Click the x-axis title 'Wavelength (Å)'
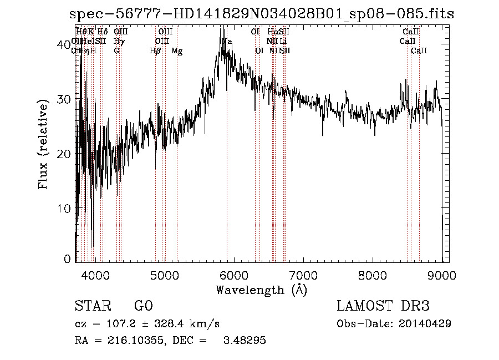click(261, 290)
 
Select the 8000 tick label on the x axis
click(373, 274)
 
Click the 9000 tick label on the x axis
click(442, 274)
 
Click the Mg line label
click(177, 51)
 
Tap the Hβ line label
click(155, 51)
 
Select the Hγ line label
click(118, 41)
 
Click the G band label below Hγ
click(116, 51)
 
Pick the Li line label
click(283, 41)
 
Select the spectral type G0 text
click(143, 306)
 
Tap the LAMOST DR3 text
click(383, 306)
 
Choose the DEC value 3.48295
click(243, 341)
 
